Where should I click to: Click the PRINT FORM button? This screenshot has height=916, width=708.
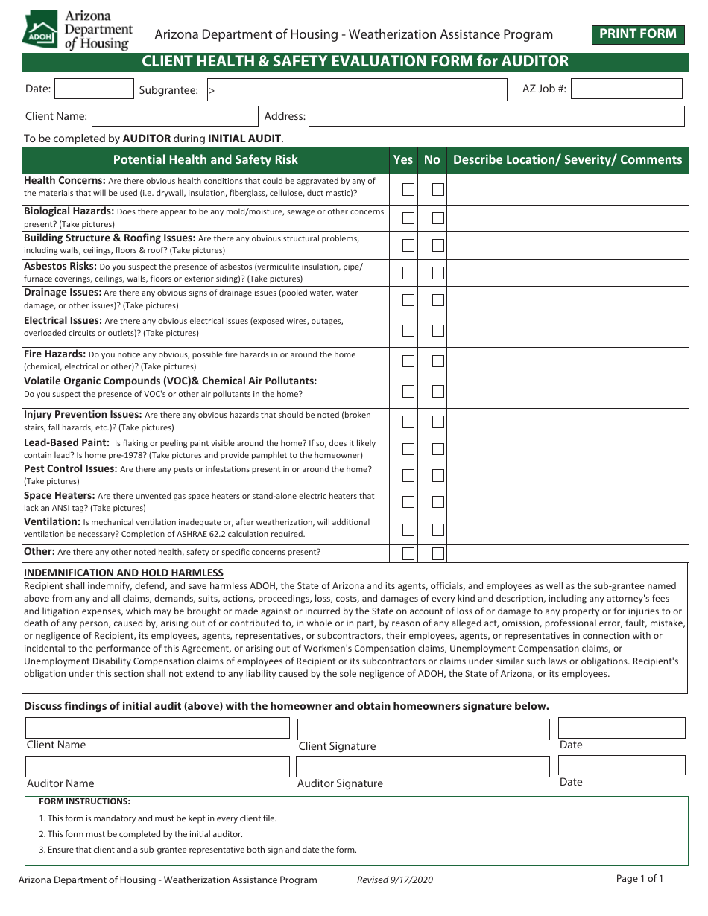(638, 34)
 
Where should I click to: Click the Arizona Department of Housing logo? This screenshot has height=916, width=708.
(78, 30)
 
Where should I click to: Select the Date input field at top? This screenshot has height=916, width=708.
(94, 89)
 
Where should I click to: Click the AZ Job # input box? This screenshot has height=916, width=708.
(626, 89)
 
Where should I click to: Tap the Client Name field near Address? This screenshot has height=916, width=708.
(175, 116)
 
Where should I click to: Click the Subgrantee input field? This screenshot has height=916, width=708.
(356, 90)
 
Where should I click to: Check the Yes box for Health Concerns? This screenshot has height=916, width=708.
(408, 189)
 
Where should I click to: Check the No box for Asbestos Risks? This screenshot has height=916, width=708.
(438, 273)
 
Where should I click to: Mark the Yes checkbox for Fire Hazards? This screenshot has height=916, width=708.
(408, 361)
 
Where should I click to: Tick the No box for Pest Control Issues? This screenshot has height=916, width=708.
(438, 475)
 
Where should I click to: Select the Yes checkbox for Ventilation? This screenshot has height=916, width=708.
(408, 529)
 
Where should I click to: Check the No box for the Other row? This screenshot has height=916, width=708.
(438, 553)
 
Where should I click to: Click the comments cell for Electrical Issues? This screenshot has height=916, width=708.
(567, 331)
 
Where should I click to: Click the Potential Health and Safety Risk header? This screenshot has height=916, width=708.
(205, 159)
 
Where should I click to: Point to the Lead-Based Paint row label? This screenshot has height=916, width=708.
(66, 442)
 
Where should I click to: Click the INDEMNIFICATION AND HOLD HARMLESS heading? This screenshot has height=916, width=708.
(124, 573)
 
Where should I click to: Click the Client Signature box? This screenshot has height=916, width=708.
(423, 729)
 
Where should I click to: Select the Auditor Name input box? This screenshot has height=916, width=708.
(157, 766)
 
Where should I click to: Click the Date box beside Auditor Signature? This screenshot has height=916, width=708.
(621, 765)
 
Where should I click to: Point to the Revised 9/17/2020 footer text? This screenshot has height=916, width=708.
(394, 880)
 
